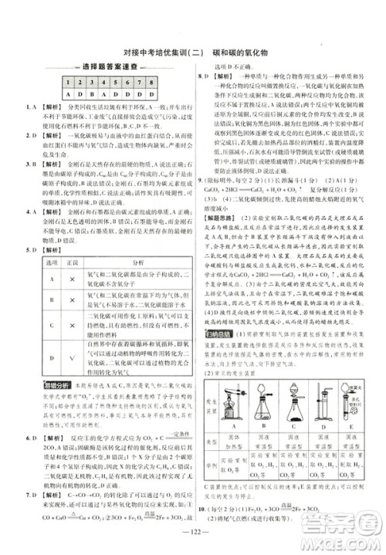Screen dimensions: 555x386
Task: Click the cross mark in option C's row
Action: [x=67, y=326]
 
